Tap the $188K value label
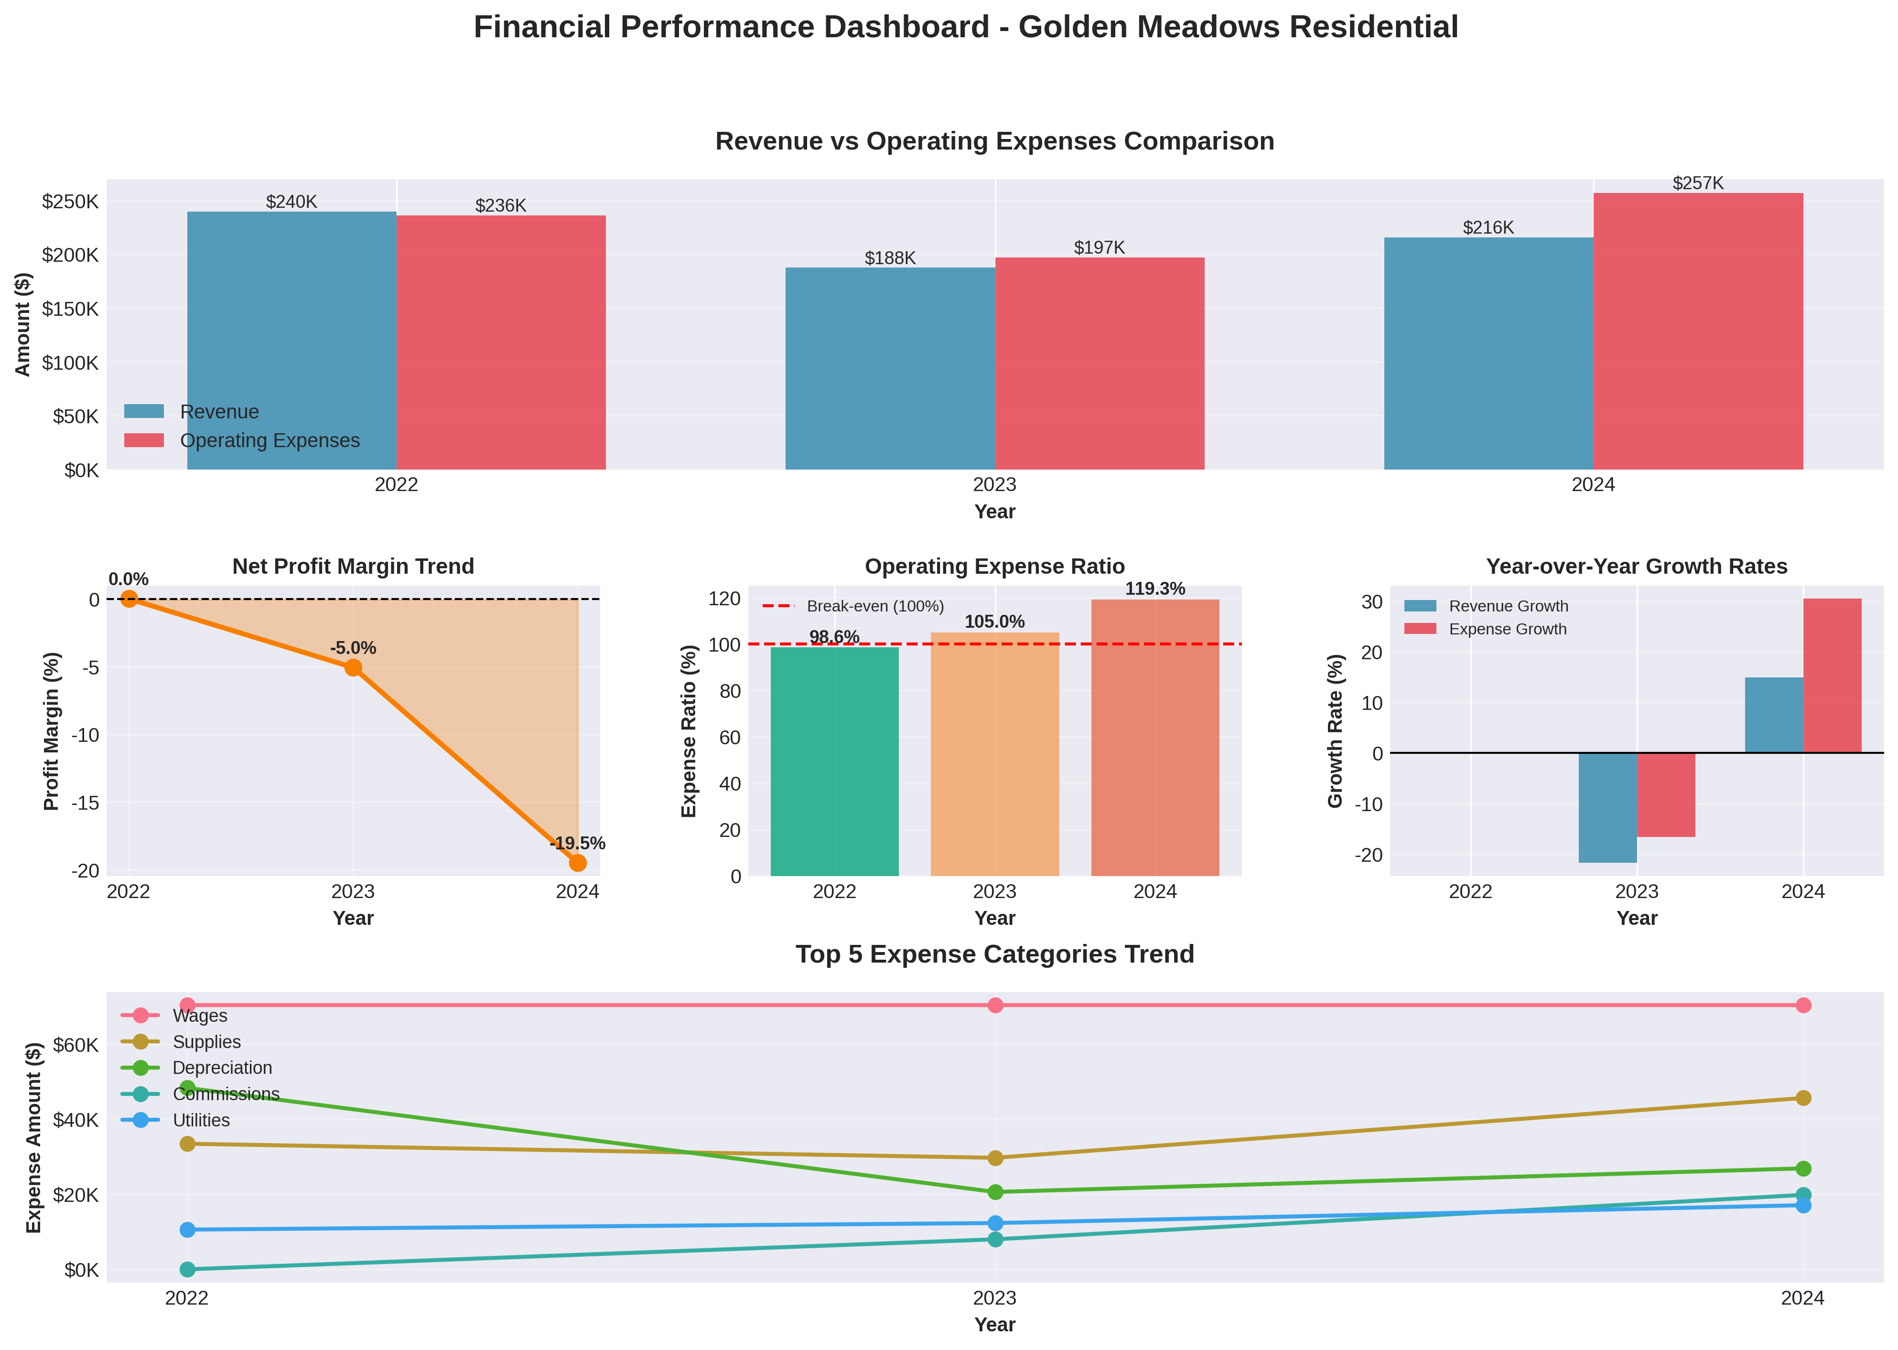890,258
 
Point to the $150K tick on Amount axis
71,309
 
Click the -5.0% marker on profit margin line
353,667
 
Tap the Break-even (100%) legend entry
874,607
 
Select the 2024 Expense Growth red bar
1833,675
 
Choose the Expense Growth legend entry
1507,629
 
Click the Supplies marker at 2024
1802,1098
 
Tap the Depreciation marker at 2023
995,1192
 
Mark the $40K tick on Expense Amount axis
75,1120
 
